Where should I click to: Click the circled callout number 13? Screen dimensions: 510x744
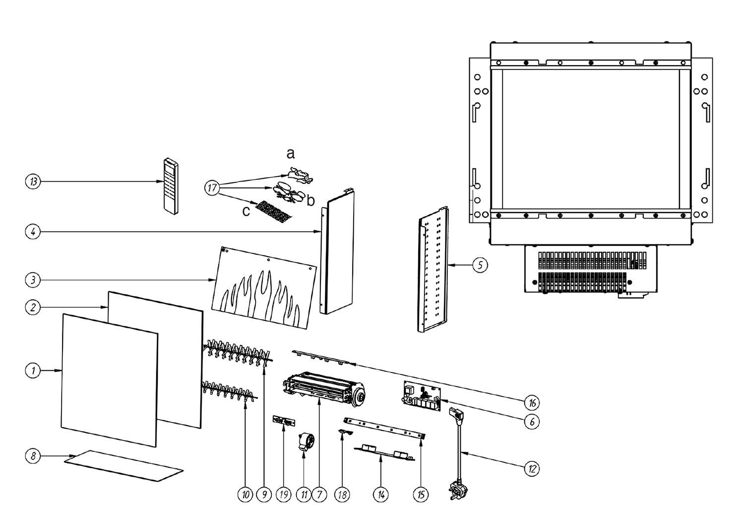click(x=33, y=182)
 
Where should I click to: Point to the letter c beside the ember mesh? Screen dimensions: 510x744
click(x=246, y=211)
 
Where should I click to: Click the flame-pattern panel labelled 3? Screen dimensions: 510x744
click(x=263, y=288)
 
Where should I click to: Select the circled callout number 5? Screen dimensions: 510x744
click(x=480, y=266)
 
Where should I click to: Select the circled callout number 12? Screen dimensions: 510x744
click(x=531, y=468)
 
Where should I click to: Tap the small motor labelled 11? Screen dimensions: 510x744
click(x=303, y=441)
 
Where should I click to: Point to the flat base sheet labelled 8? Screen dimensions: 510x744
click(x=124, y=465)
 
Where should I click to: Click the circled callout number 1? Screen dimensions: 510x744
click(x=33, y=370)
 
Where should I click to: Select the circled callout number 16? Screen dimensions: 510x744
click(x=531, y=402)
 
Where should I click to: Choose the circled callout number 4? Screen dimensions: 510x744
click(x=33, y=231)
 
